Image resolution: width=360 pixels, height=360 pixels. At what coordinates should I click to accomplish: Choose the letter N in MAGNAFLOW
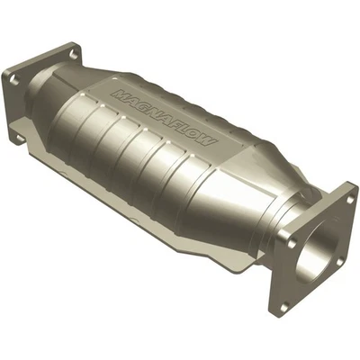click(x=157, y=102)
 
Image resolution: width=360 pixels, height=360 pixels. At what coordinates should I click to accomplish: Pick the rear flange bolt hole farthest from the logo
click(x=13, y=79)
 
